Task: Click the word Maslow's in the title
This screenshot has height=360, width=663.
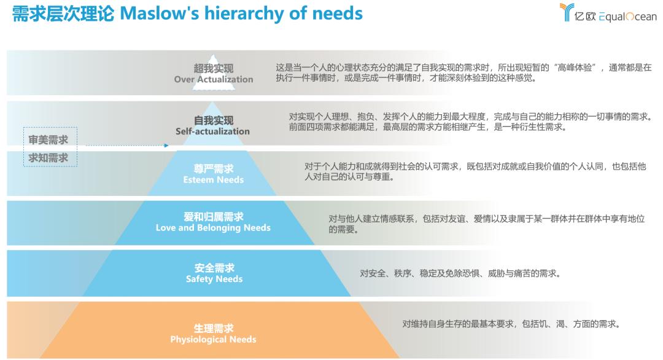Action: point(160,14)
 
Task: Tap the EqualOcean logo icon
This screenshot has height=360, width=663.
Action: point(567,12)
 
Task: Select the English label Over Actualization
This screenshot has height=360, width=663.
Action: point(214,79)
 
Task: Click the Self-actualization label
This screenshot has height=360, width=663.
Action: point(212,131)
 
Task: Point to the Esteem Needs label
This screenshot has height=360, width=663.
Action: point(214,180)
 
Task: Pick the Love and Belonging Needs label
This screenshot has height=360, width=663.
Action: point(213,227)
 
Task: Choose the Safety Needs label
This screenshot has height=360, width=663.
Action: point(214,279)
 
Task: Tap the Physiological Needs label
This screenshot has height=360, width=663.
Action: point(213,339)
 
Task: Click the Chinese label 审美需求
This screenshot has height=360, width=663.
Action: point(48,139)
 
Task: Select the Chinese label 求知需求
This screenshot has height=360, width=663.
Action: point(48,158)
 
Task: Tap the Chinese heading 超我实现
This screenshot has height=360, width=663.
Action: point(214,68)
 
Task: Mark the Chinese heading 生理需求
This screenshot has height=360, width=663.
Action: point(214,328)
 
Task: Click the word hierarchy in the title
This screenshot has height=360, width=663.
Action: point(244,14)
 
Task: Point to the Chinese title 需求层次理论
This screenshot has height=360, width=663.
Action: point(63,14)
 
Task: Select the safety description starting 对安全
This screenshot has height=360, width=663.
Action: point(460,273)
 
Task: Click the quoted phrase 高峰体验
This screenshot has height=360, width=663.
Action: point(575,68)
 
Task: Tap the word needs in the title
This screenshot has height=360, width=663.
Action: point(338,14)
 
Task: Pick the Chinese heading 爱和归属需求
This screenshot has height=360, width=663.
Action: point(214,217)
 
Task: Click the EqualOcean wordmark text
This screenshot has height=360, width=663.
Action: point(616,17)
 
